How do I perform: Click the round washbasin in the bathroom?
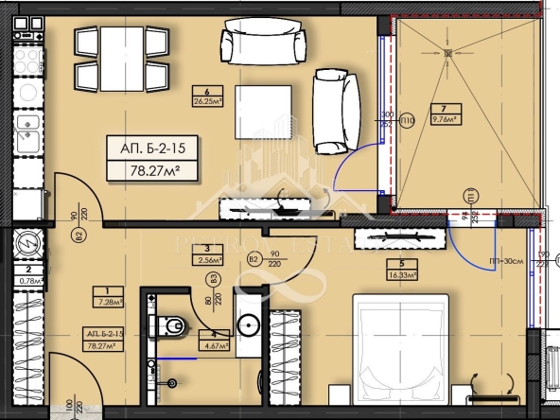[249, 325]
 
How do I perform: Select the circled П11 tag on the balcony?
[469, 196]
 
